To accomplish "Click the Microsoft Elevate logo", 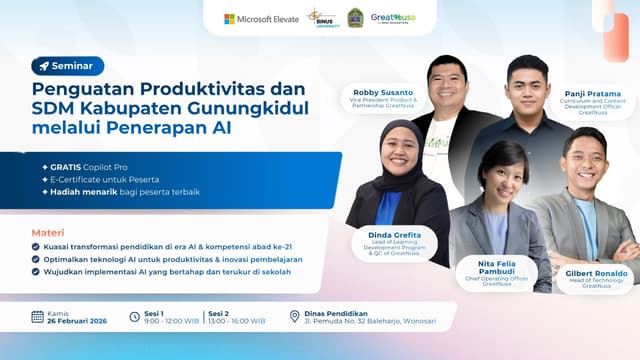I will click(x=261, y=18).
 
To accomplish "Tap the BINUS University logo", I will click(x=322, y=18).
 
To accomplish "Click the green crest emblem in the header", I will click(x=355, y=18).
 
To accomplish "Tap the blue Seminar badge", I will click(x=67, y=66).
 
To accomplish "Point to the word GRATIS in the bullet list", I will click(x=67, y=166).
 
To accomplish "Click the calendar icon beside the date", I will click(x=37, y=317).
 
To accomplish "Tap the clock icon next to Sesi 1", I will click(x=135, y=317).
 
